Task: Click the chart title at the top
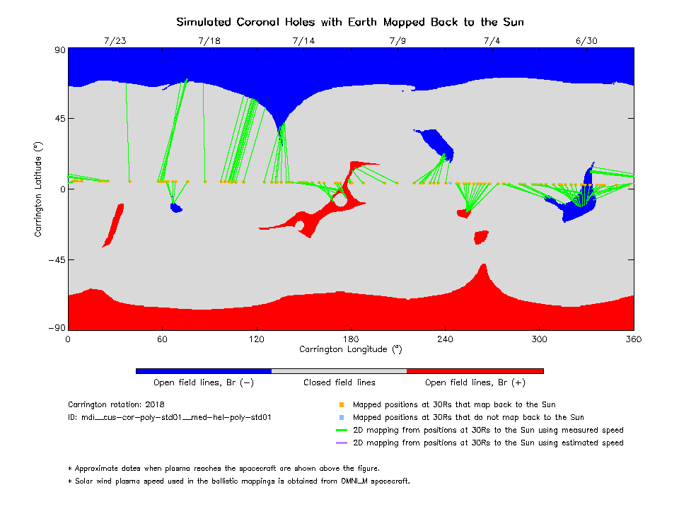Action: [x=350, y=22]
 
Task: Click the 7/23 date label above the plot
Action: [x=115, y=40]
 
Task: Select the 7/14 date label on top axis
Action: [x=303, y=40]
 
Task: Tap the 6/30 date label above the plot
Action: [x=586, y=40]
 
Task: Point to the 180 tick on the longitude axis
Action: [x=351, y=339]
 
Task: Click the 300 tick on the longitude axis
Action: [x=540, y=339]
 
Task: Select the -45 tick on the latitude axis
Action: [x=56, y=260]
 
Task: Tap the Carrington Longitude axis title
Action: [x=351, y=349]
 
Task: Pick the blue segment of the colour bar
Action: [x=204, y=370]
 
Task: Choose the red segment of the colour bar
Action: [x=475, y=370]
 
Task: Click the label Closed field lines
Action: [x=339, y=382]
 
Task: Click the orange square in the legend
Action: [x=341, y=405]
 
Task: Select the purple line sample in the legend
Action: [x=341, y=443]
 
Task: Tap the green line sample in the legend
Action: [x=341, y=431]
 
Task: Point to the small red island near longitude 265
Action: [x=481, y=237]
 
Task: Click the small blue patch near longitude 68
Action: [x=176, y=208]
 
